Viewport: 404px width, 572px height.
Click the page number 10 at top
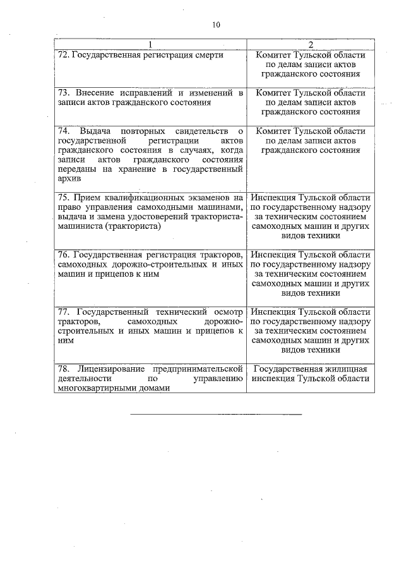[x=216, y=25]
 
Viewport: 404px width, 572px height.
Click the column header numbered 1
[x=150, y=44]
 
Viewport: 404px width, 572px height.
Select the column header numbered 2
[x=310, y=44]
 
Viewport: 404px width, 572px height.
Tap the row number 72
[x=62, y=55]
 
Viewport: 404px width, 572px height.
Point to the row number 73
[x=63, y=93]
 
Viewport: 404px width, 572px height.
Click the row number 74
[x=63, y=131]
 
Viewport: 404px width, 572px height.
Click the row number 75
[x=63, y=197]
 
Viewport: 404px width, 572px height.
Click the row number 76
[x=63, y=255]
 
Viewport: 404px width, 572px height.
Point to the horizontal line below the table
[x=216, y=415]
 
